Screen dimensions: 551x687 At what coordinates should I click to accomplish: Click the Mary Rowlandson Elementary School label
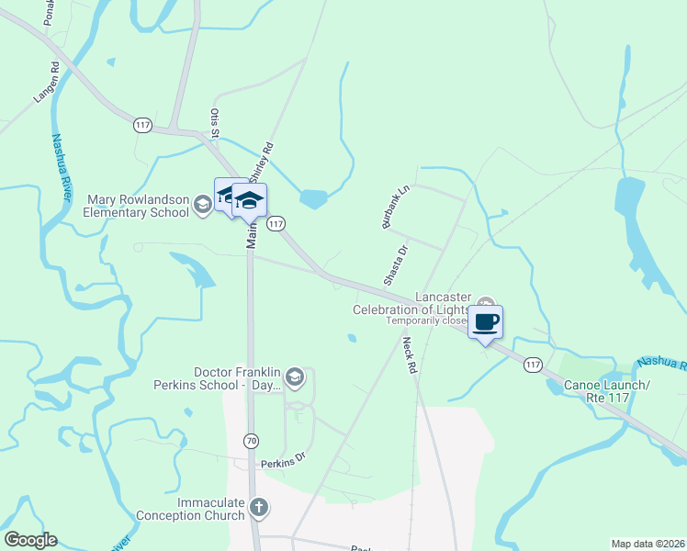point(138,207)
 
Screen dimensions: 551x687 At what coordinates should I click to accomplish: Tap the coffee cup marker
point(485,322)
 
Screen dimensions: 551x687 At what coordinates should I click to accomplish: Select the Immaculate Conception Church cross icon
point(260,506)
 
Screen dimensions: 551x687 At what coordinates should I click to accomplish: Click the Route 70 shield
point(252,441)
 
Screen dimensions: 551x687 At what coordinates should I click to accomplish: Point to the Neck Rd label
point(410,355)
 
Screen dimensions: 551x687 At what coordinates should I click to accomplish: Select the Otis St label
point(215,124)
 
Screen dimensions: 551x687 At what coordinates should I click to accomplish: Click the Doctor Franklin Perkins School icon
point(294,376)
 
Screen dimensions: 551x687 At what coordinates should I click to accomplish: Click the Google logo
point(30,540)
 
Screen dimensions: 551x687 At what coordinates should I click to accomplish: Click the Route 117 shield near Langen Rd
point(141,126)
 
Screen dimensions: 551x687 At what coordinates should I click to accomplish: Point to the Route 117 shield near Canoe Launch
point(533,365)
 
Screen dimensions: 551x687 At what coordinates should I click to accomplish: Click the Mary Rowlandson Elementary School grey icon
point(203,206)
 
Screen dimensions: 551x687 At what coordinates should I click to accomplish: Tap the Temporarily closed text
point(427,321)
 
